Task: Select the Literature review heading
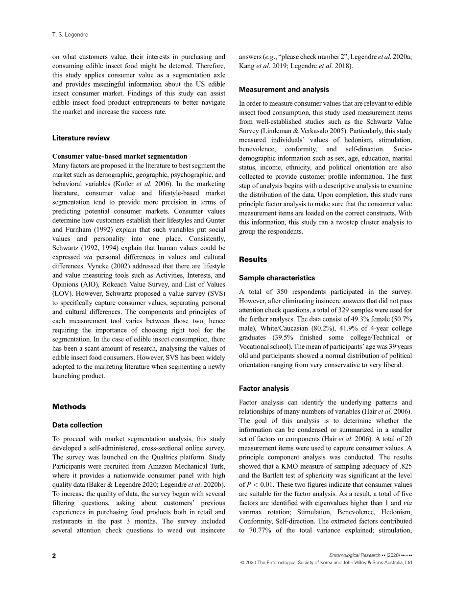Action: coord(81,138)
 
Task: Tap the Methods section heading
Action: coord(69,406)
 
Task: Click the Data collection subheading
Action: coord(77,425)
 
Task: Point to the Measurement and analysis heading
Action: coord(284,90)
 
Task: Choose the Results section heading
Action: coord(253,259)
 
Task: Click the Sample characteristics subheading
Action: coord(277,278)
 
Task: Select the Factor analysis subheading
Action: coord(264,388)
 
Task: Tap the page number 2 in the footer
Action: coord(54,555)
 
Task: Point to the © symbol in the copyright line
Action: coord(242,563)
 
